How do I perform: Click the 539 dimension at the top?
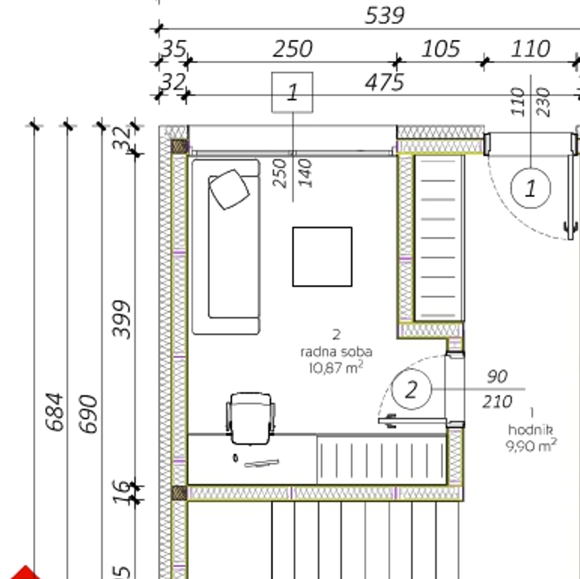(x=385, y=16)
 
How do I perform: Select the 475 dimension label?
(x=385, y=82)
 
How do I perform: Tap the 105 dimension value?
(x=441, y=49)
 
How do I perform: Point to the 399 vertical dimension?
(x=121, y=319)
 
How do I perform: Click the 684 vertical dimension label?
(x=55, y=412)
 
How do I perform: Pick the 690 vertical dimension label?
(x=88, y=414)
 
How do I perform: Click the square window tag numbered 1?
(x=292, y=93)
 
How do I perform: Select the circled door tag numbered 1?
(x=531, y=188)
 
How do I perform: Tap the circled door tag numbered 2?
(x=411, y=389)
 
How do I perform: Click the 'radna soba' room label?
(x=336, y=352)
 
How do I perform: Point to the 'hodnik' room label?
(x=530, y=430)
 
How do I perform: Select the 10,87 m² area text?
(x=336, y=368)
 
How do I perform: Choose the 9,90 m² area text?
(x=531, y=446)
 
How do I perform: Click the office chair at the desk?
(x=251, y=418)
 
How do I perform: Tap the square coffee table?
(x=322, y=257)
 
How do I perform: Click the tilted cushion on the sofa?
(x=230, y=189)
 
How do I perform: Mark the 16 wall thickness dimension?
(x=121, y=492)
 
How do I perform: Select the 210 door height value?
(x=497, y=401)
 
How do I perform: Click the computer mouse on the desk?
(x=235, y=458)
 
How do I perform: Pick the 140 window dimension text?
(x=305, y=173)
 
